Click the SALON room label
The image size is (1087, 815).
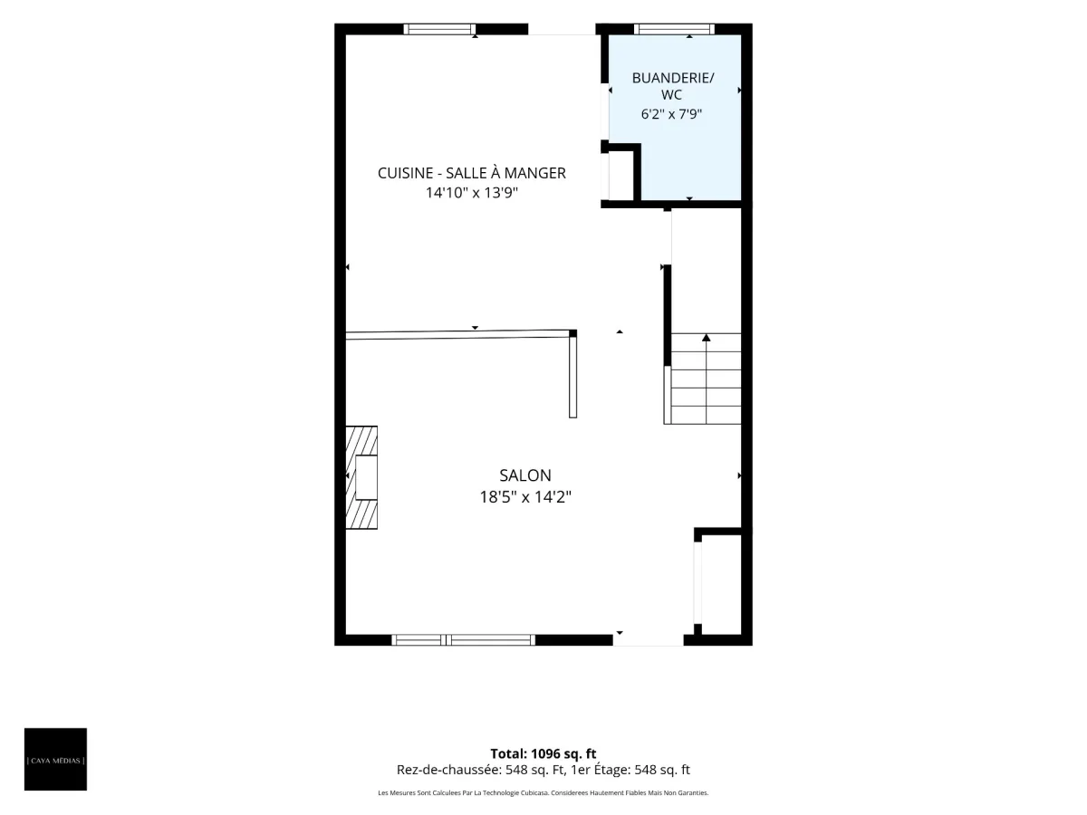[x=524, y=475]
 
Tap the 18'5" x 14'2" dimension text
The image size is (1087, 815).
[x=524, y=496]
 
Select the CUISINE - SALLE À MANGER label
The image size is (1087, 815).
[x=471, y=173]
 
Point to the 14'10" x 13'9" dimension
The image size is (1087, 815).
[x=471, y=193]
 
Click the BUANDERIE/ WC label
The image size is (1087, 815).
[x=672, y=86]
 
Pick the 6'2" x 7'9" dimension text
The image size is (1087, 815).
[x=671, y=114]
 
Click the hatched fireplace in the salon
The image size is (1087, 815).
[x=361, y=477]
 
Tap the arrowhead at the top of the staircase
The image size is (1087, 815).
[x=707, y=338]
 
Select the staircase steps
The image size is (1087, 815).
[x=703, y=379]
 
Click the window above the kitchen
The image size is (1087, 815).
[x=439, y=29]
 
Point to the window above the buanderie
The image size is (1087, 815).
[x=674, y=29]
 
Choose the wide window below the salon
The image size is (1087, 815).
[x=463, y=640]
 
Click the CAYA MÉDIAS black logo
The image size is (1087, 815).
[x=55, y=759]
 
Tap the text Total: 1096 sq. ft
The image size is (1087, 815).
[x=543, y=753]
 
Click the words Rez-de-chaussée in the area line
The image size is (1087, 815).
[x=448, y=770]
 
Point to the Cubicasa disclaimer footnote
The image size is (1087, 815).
[x=543, y=792]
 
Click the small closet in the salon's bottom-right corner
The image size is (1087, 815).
[x=722, y=584]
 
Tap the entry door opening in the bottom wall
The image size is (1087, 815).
[x=649, y=640]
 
